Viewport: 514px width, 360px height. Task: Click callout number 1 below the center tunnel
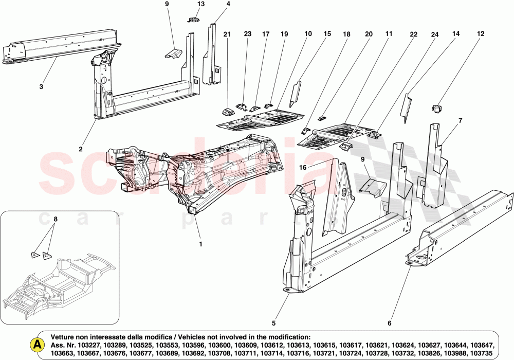tap(200, 244)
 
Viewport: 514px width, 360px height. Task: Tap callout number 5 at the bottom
tap(274, 323)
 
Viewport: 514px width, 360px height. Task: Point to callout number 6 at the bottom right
tap(389, 323)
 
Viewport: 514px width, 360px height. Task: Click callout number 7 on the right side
tap(460, 120)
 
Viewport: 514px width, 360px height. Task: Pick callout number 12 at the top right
tap(481, 34)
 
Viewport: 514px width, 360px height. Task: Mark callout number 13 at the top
tap(200, 4)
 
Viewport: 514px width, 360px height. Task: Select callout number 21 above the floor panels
tap(227, 34)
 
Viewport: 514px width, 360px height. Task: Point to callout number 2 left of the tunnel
tap(81, 149)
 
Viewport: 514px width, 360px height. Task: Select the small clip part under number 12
tap(437, 108)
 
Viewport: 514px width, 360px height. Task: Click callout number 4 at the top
tap(228, 4)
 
